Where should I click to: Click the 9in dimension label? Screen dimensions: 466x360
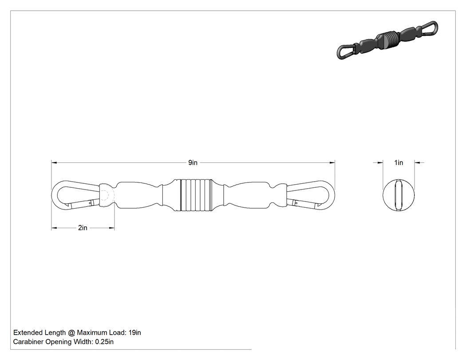tap(193, 162)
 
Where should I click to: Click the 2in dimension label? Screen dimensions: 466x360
tap(83, 228)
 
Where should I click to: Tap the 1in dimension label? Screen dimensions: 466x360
tap(399, 162)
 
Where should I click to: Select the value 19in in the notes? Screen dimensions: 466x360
tap(134, 332)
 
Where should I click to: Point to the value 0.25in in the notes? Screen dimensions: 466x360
tap(104, 342)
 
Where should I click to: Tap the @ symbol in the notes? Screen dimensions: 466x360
tap(71, 332)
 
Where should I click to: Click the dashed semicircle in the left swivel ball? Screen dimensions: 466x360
tap(110, 195)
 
